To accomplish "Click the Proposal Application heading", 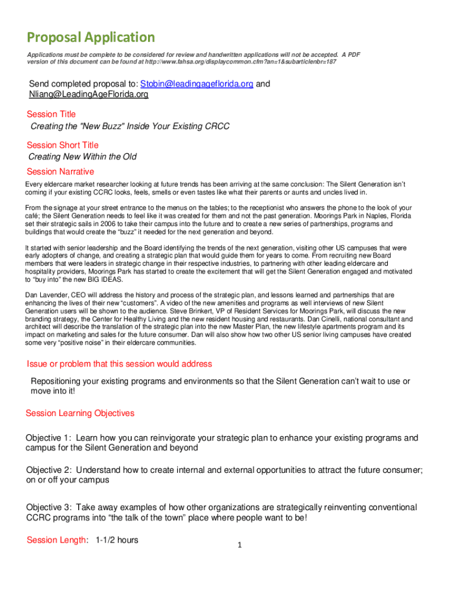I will tap(91, 38).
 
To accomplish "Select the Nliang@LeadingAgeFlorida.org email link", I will tap(88, 94).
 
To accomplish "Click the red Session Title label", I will tap(52, 114).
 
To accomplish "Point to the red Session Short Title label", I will tap(63, 145).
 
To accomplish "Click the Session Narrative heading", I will tap(60, 172).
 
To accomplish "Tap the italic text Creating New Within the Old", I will tap(83, 157).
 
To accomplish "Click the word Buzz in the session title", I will tap(113, 127).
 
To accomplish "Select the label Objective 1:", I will tap(49, 438).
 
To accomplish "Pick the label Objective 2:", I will tap(49, 470).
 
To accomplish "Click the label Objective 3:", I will tap(49, 508).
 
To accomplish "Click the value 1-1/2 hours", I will tap(117, 540).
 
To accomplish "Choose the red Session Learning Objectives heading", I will tap(80, 413).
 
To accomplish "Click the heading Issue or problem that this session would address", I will tap(120, 363).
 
